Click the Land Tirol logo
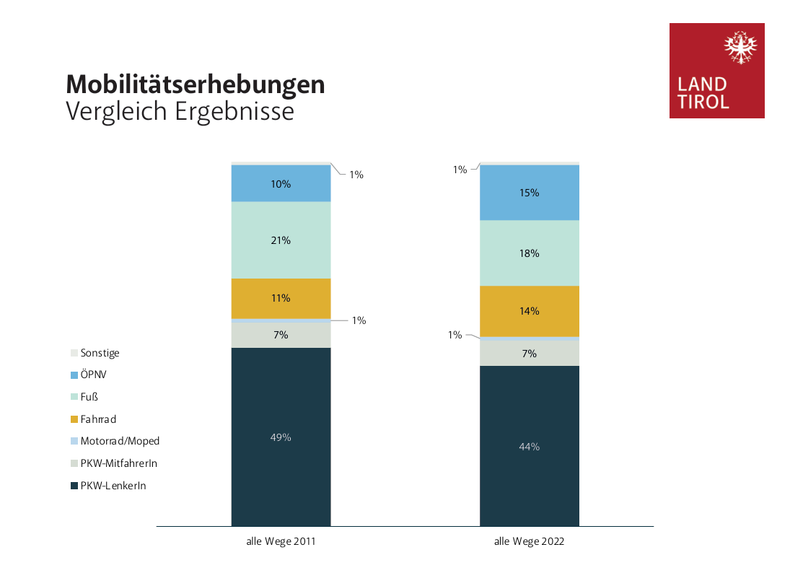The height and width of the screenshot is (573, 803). click(x=716, y=71)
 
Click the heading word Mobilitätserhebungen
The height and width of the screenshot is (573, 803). click(x=196, y=85)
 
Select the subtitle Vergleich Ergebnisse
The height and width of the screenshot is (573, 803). click(x=180, y=112)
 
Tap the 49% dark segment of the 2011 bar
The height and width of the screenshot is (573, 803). click(x=281, y=437)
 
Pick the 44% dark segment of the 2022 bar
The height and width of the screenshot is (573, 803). click(x=530, y=446)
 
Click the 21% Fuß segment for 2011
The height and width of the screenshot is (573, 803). click(x=281, y=240)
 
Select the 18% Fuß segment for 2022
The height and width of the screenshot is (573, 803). click(x=530, y=253)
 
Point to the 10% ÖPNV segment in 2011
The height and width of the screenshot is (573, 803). click(x=281, y=184)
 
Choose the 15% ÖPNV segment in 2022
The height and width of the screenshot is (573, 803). click(x=530, y=193)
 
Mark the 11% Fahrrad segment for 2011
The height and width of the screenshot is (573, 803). click(x=281, y=298)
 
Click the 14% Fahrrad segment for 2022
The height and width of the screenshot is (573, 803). click(x=530, y=311)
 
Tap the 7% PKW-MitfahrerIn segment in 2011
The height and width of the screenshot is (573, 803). click(x=281, y=335)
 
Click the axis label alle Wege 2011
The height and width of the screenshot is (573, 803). click(x=281, y=541)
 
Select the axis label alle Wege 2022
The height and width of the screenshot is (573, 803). click(x=529, y=541)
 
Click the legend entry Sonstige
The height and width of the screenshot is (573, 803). click(x=100, y=353)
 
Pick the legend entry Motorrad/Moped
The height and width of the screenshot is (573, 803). click(x=120, y=441)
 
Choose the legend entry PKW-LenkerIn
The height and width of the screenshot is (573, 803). click(x=113, y=486)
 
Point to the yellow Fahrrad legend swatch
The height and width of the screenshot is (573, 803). click(x=74, y=419)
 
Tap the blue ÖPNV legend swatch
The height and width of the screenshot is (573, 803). click(x=74, y=375)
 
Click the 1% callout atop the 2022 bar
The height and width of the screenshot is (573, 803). click(x=460, y=170)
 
